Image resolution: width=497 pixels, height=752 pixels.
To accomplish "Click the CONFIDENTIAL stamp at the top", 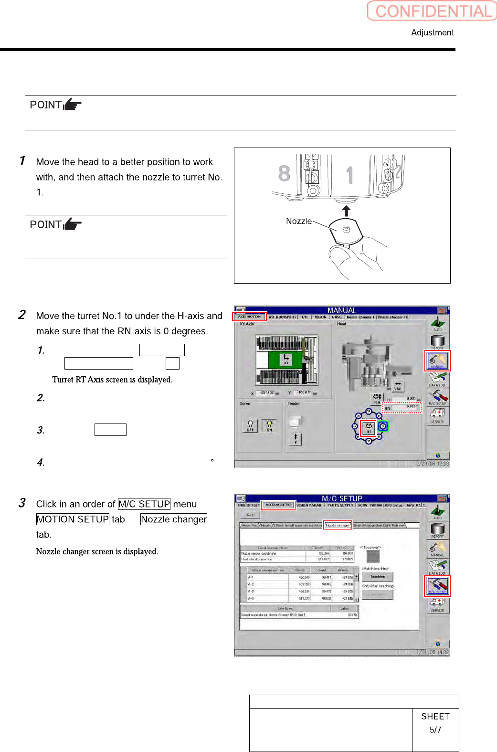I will [432, 11].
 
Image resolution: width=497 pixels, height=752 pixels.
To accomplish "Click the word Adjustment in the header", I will [432, 32].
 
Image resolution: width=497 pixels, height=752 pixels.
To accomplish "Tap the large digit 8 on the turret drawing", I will [284, 173].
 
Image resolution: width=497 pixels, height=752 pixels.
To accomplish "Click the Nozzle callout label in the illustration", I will [298, 221].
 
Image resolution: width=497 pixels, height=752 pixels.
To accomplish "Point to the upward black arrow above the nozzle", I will [347, 211].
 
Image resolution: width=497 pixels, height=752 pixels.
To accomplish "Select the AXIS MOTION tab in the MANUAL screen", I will [249, 317].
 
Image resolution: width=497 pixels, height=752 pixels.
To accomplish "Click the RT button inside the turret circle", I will [369, 428].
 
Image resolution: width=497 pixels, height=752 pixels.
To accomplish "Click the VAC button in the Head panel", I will [398, 385].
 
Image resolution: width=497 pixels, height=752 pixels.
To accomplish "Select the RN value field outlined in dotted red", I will [402, 407].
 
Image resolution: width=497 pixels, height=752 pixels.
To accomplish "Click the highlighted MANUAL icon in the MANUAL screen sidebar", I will [437, 361].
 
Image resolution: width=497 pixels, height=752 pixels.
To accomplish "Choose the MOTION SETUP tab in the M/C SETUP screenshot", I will [278, 505].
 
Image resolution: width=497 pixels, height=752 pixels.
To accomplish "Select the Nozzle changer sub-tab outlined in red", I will [338, 525].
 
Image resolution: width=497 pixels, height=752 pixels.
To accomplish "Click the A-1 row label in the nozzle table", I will [251, 577].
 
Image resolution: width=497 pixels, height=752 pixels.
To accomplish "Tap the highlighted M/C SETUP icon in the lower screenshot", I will [437, 586].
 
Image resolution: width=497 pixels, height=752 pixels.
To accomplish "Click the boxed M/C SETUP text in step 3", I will [144, 504].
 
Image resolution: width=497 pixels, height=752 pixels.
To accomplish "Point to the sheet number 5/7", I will [435, 730].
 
